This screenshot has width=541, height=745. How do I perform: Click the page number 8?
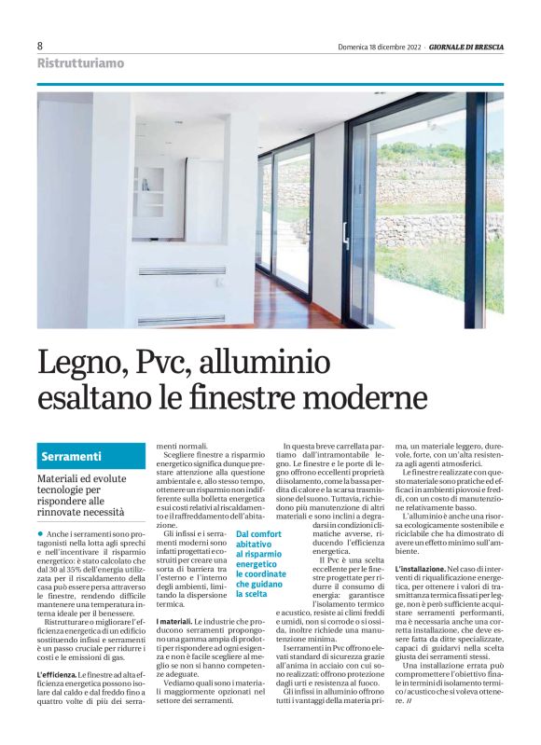point(40,46)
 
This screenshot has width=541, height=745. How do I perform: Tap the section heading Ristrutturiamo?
point(79,63)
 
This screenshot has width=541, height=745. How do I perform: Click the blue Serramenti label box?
point(91,456)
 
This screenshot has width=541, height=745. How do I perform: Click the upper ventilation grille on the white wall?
point(182,271)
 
